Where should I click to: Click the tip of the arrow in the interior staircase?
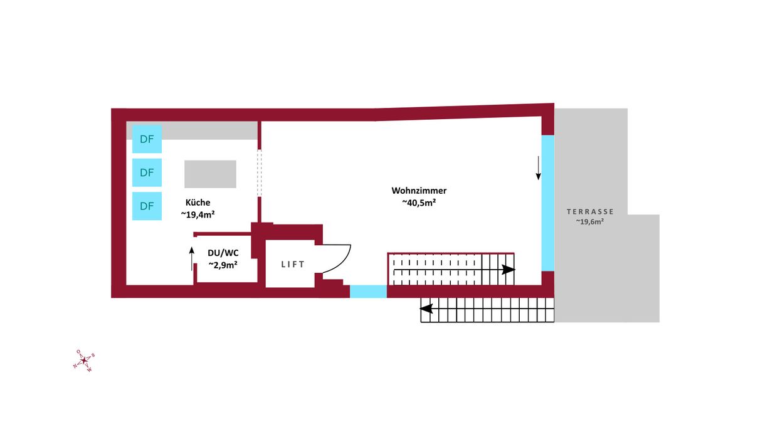(515, 270)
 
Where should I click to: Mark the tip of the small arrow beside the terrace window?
(539, 180)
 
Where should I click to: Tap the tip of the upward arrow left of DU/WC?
(192, 247)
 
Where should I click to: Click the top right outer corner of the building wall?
(554, 103)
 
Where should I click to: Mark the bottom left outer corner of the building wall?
(111, 297)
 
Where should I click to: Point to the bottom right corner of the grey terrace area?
(660, 322)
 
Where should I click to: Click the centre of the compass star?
(84, 361)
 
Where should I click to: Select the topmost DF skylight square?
(147, 139)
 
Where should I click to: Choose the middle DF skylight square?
(147, 172)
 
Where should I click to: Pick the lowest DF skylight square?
(147, 206)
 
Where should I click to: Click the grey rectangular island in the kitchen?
(210, 174)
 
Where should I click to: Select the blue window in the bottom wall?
(368, 291)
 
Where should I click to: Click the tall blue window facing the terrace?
(547, 203)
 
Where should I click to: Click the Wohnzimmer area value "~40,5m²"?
(419, 203)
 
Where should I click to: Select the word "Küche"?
(198, 203)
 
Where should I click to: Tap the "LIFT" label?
(293, 264)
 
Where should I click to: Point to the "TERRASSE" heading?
(590, 211)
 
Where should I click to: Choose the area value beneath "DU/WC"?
(223, 265)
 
